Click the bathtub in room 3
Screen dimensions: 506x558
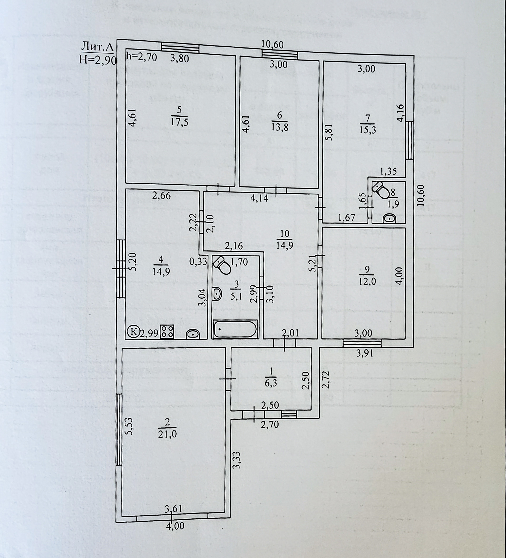click(x=235, y=329)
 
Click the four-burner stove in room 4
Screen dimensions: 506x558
click(x=167, y=331)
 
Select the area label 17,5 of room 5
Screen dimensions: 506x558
click(x=180, y=122)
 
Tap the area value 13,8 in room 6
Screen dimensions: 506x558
click(x=279, y=127)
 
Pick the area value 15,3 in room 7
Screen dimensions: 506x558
click(x=368, y=130)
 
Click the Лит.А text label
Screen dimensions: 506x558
click(x=97, y=48)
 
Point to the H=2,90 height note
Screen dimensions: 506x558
click(x=97, y=60)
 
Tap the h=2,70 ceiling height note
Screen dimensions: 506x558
click(x=141, y=57)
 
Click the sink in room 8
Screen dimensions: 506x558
click(x=390, y=219)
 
